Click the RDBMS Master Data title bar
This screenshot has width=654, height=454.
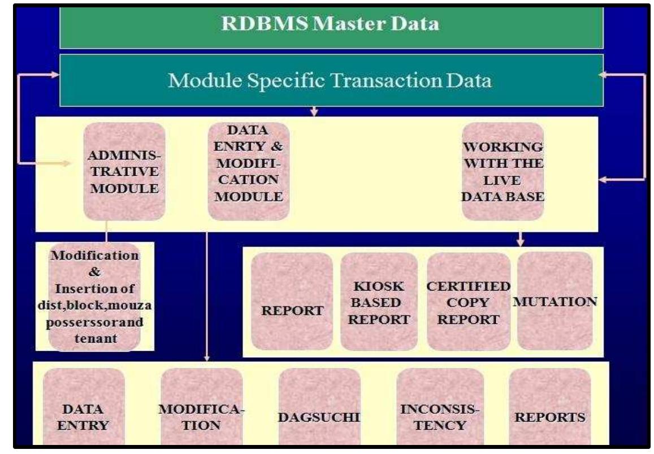(331, 25)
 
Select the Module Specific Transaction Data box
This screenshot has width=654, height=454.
(331, 80)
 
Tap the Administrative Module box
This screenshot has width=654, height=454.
(124, 171)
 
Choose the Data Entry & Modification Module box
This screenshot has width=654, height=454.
(249, 171)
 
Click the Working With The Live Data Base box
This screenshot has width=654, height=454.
(503, 171)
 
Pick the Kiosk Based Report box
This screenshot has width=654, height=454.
(379, 301)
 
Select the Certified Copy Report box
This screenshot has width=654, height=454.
(469, 301)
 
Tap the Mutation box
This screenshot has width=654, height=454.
(555, 301)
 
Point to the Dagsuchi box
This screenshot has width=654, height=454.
(319, 417)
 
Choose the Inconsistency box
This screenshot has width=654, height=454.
(440, 417)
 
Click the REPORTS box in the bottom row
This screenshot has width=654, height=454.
(549, 417)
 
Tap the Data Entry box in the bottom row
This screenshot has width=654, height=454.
(84, 417)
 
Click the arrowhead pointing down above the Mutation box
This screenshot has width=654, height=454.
(521, 243)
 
